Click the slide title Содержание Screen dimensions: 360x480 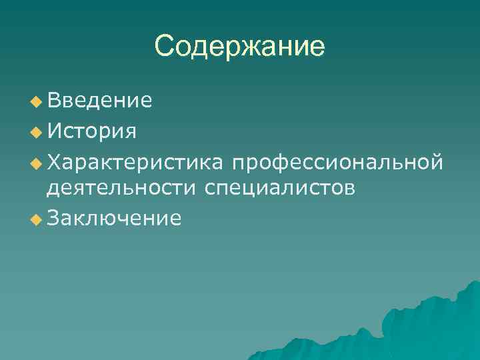pyautogui.click(x=239, y=47)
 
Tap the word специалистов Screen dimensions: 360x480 pyautogui.click(x=280, y=189)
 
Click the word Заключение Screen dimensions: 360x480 pyautogui.click(x=113, y=218)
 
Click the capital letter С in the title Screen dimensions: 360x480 pyautogui.click(x=164, y=47)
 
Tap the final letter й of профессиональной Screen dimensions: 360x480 pyautogui.click(x=437, y=160)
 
